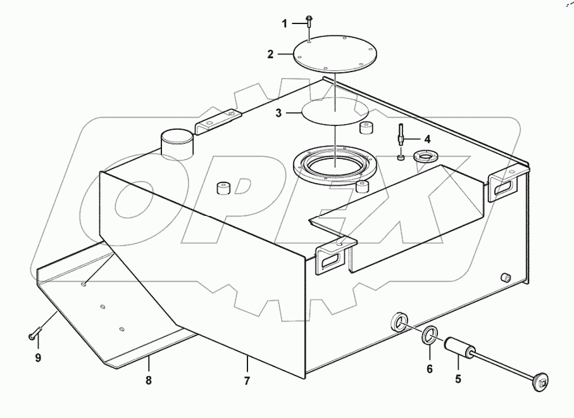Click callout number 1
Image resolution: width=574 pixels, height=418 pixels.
285,23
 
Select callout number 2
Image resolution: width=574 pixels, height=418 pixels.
270,54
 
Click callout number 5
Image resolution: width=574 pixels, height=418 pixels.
458,380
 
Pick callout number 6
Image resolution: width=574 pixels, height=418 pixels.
430,369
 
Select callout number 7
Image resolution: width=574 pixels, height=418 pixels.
247,381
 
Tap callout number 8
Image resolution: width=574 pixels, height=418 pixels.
149,381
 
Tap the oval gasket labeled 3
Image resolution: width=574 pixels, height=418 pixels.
335,111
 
